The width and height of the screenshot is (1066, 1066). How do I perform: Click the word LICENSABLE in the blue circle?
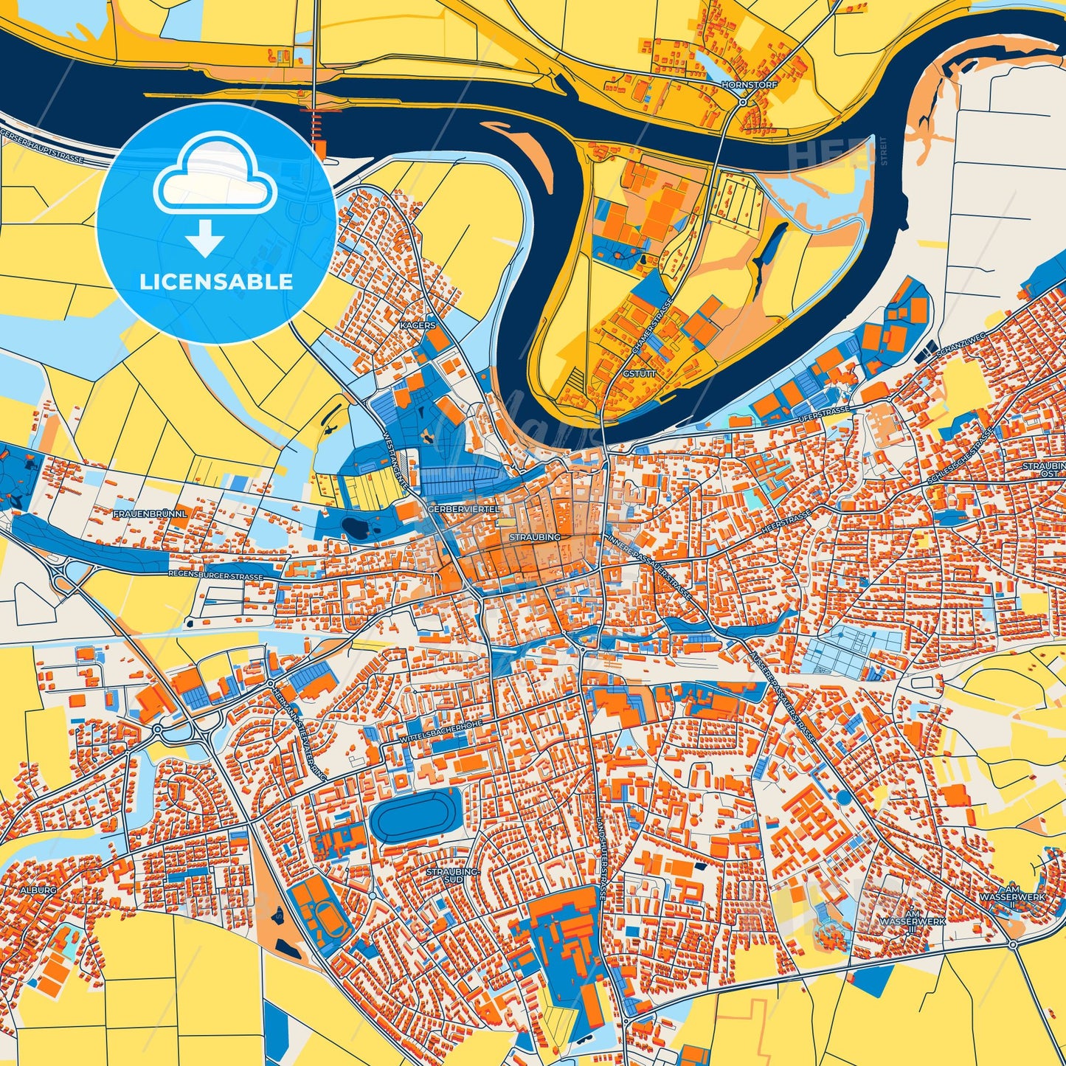[215, 281]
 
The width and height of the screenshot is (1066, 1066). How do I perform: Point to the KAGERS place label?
[417, 325]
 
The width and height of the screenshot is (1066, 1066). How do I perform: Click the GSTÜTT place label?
[639, 374]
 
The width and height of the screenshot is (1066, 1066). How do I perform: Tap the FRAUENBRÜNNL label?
[151, 512]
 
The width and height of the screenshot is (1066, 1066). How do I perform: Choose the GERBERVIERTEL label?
[463, 509]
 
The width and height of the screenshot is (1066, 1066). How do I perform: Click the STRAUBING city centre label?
[534, 538]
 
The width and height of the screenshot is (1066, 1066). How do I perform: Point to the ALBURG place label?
[38, 890]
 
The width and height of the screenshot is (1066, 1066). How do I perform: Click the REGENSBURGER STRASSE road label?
[215, 574]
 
